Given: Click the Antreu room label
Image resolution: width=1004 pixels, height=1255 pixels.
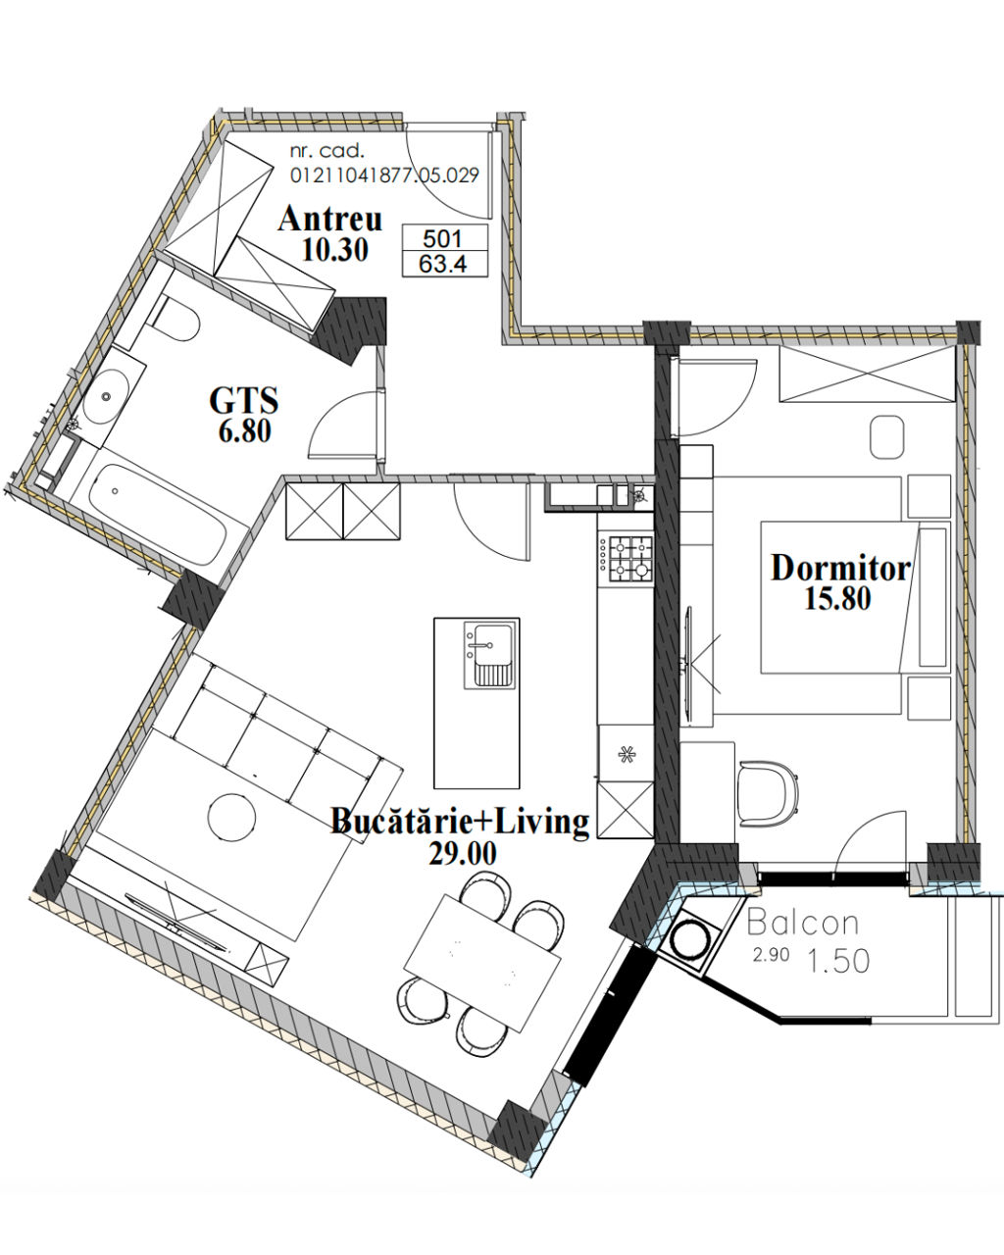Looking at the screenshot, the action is pyautogui.click(x=330, y=220).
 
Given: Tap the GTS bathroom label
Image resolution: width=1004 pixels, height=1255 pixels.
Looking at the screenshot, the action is pyautogui.click(x=244, y=401).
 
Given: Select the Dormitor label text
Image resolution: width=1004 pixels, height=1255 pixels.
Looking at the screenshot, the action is pyautogui.click(x=840, y=568).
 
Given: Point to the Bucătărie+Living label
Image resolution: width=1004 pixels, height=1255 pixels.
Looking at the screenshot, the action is pyautogui.click(x=460, y=822).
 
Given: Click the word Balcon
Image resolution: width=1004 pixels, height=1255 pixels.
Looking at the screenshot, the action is pyautogui.click(x=803, y=923).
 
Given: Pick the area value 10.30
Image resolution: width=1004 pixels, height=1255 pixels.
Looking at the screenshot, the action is pyautogui.click(x=335, y=250).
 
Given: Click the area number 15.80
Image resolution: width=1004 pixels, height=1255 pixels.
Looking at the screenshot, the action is pyautogui.click(x=837, y=598).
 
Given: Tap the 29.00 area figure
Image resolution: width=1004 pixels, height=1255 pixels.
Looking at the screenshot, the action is pyautogui.click(x=463, y=854).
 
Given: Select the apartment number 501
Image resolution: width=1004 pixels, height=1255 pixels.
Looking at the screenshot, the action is pyautogui.click(x=443, y=238).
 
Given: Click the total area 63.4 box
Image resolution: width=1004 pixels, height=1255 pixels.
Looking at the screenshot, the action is pyautogui.click(x=444, y=264).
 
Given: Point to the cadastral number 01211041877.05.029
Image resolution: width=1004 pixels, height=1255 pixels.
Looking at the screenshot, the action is pyautogui.click(x=384, y=175).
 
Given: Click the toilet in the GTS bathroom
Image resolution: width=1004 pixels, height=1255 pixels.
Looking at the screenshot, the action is pyautogui.click(x=175, y=319).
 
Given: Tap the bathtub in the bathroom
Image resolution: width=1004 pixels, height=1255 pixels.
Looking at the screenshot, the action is pyautogui.click(x=158, y=513).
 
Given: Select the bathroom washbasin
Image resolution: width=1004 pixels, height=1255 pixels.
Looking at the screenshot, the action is pyautogui.click(x=105, y=396).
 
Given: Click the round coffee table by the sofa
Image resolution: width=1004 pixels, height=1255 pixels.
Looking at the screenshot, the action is pyautogui.click(x=231, y=817).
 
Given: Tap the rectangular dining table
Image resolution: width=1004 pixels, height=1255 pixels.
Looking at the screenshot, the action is pyautogui.click(x=482, y=963).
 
